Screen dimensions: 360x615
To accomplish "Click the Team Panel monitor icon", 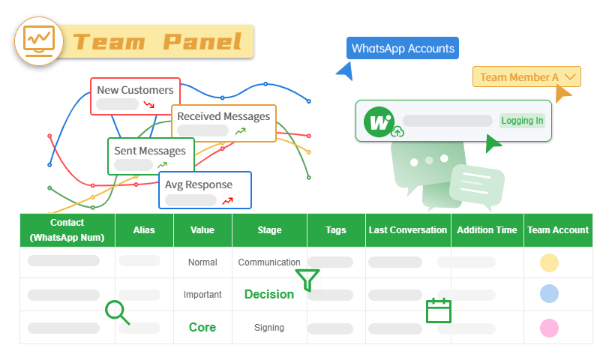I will coord(39,40).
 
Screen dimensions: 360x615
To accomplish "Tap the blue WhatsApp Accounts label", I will coord(403,48).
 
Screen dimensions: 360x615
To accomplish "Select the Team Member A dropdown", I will coord(526,76).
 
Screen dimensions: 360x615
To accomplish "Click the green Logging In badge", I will coord(522,121).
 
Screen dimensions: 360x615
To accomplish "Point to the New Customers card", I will coord(135,96).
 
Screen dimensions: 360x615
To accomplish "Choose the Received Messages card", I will coord(223,123).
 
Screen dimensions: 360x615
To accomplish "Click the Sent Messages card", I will coord(150,156).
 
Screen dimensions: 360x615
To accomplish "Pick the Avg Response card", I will coord(205,190).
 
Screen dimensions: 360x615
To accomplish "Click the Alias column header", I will coord(144,230).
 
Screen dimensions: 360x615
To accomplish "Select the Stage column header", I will coord(269,230).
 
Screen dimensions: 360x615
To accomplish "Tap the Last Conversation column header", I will coord(408,230).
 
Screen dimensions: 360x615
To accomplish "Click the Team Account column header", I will coord(558,230).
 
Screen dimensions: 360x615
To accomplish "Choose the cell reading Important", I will coord(202,295).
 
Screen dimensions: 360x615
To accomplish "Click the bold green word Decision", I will coord(269,295).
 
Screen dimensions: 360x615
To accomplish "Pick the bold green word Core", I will coord(202,328).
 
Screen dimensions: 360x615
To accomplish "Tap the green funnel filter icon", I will coord(307,280).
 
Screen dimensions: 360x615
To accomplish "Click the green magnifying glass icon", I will coord(117,312).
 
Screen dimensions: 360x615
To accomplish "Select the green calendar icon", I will coord(438,310).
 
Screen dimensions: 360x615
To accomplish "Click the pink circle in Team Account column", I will coord(550,328).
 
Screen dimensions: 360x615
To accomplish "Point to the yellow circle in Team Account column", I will coord(550,262).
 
